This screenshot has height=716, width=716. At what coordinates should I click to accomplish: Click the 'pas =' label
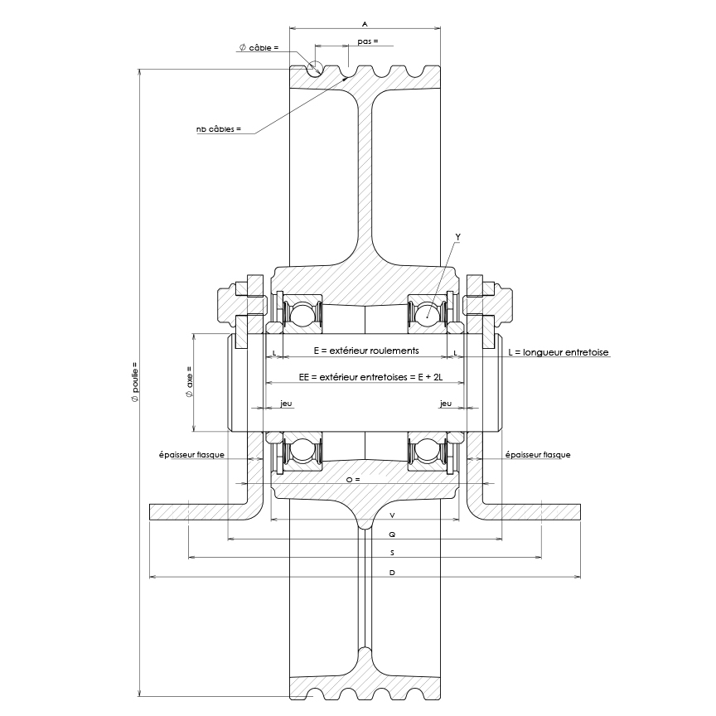(x=367, y=41)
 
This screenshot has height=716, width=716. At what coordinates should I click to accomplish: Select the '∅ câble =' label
(x=259, y=48)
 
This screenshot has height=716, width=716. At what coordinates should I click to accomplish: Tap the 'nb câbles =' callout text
(x=219, y=129)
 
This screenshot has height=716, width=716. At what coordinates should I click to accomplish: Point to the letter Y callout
(x=458, y=237)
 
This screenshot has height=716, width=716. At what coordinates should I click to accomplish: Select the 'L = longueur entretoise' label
(x=558, y=352)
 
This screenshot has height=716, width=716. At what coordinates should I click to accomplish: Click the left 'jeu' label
(x=286, y=404)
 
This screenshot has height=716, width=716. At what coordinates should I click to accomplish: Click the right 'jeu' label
(x=446, y=404)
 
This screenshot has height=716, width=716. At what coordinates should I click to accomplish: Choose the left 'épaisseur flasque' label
(x=191, y=454)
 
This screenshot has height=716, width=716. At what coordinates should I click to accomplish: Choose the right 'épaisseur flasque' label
(x=537, y=454)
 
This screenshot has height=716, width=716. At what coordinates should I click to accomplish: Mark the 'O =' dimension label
(x=352, y=480)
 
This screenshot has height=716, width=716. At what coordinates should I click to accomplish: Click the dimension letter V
(x=391, y=515)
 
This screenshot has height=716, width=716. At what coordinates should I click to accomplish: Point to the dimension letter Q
(x=391, y=535)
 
